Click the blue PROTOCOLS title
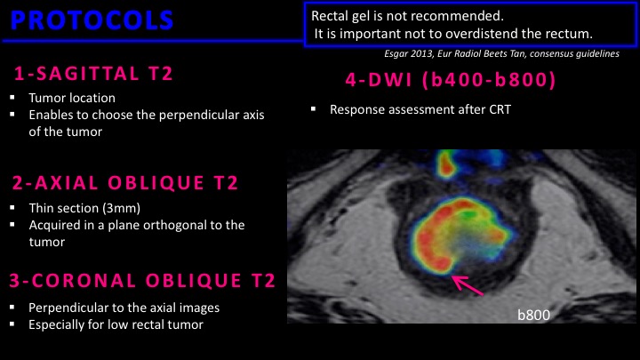tap(92, 20)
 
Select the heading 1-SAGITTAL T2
tap(93, 74)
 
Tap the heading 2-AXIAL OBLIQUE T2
tap(125, 183)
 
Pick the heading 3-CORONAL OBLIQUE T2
tap(142, 281)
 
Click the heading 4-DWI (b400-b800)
tap(451, 80)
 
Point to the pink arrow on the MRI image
tap(468, 284)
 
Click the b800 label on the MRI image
tap(533, 315)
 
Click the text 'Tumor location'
tap(72, 98)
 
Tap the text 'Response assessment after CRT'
tap(420, 109)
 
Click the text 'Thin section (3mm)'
tap(84, 208)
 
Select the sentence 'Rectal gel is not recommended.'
tap(407, 16)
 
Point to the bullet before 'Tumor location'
tap(12, 98)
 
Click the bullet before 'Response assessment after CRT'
tap(314, 108)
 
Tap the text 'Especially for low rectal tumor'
tap(116, 325)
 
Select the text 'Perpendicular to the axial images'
tap(124, 308)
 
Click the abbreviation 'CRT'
tap(498, 109)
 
